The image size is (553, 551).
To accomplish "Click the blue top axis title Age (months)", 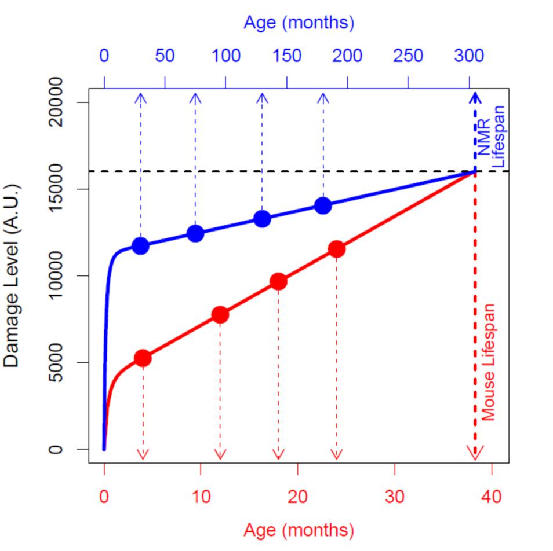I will (298, 23).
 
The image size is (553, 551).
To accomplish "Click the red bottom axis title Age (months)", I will (298, 530).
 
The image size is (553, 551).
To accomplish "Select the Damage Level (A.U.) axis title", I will (12, 275).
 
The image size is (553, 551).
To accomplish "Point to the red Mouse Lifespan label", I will (489, 362).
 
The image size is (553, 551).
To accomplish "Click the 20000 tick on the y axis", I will (56, 102).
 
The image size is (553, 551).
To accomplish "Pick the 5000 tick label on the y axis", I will (56, 362).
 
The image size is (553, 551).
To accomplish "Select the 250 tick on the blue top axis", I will (408, 56).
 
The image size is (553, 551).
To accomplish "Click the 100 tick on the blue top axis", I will (226, 56).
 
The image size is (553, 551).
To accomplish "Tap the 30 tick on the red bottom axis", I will (395, 497).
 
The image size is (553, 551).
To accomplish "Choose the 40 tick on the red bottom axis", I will (492, 497).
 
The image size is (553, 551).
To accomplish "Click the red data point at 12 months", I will (220, 315).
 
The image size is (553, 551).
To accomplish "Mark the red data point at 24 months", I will (337, 249).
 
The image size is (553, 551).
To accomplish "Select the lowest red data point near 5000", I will (143, 358).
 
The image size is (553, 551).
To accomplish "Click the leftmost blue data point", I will (140, 245).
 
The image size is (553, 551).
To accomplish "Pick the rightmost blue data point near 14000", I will (323, 205).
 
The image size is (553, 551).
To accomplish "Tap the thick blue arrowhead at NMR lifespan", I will (475, 97).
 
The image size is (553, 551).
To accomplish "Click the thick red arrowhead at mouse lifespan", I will (475, 455).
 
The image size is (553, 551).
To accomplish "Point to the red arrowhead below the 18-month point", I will (279, 454).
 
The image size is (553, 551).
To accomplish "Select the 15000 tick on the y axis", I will (56, 189).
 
